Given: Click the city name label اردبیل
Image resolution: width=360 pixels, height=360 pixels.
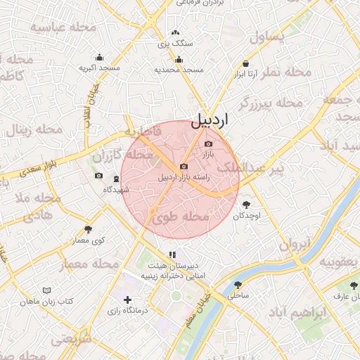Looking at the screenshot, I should [210, 120].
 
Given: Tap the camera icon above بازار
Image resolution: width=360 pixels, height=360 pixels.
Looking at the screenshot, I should [207, 143].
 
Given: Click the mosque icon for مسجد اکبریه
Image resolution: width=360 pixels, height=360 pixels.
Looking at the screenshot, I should [99, 58].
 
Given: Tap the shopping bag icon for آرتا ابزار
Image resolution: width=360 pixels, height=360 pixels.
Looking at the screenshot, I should [247, 63].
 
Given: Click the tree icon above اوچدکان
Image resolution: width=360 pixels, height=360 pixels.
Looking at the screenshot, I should [245, 205].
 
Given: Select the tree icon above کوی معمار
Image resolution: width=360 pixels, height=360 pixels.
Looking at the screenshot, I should [88, 229].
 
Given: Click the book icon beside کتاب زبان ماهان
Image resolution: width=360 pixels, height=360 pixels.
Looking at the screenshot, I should [47, 290].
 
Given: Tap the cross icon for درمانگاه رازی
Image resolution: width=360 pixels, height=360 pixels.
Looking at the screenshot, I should [127, 300].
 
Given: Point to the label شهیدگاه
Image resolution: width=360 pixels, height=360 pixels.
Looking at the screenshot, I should [116, 189].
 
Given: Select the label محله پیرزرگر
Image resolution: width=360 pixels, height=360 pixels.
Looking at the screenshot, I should [270, 104].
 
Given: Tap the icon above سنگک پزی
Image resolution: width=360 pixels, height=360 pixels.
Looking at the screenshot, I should [175, 32].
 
